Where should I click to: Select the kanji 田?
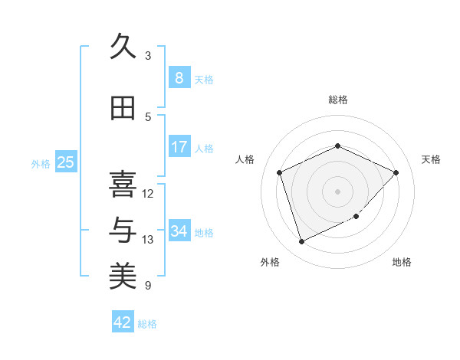click(123, 109)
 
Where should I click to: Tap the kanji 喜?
click(123, 184)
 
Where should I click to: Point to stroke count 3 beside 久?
click(148, 56)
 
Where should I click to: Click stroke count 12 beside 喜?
click(148, 193)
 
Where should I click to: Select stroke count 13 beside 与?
click(148, 240)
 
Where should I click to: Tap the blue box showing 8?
click(179, 77)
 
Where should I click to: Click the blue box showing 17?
click(179, 146)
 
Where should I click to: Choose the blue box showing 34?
click(179, 231)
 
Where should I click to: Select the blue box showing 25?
click(65, 162)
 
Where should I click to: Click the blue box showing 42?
click(123, 322)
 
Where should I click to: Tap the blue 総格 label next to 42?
click(147, 324)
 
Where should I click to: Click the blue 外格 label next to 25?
click(41, 163)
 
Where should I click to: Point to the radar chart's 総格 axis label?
click(337, 100)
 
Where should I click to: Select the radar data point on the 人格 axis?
click(280, 172)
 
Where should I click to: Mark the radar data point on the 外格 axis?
click(301, 242)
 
